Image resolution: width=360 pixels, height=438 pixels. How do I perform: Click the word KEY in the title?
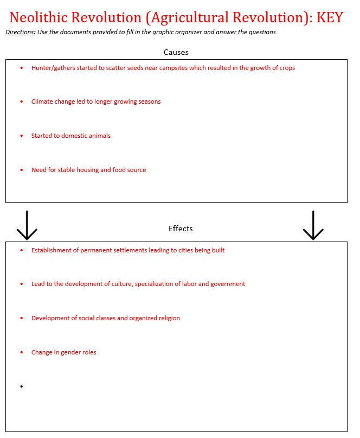coord(330,17)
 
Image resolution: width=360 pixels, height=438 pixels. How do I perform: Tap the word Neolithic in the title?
coord(41,17)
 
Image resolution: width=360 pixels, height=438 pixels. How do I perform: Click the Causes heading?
coord(176,52)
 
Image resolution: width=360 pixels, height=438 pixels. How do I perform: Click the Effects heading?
coord(181,228)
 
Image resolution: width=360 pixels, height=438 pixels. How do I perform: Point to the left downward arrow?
coord(27,225)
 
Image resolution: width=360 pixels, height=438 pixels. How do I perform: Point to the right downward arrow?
coord(313,225)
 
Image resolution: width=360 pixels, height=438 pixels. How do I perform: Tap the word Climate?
coord(42,101)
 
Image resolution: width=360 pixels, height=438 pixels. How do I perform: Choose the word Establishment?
coord(52,250)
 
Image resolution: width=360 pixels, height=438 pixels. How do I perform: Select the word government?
coord(228,284)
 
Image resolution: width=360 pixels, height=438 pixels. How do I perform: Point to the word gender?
coord(71,352)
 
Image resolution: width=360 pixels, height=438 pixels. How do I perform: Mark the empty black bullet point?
coord(21,386)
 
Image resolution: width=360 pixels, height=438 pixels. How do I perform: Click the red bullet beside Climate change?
coord(21,101)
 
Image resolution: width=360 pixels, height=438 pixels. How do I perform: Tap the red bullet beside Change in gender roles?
coord(21,352)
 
